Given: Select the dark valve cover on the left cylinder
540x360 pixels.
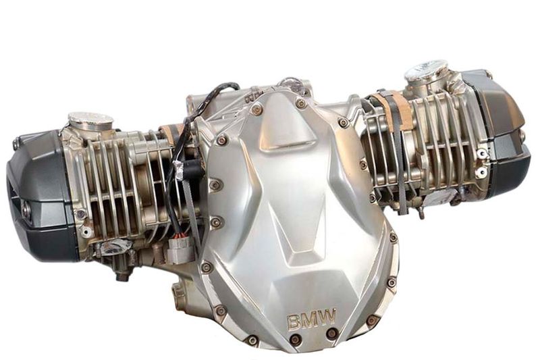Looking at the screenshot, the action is (x=41, y=197).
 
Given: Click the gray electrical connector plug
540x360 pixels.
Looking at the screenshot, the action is (x=178, y=249).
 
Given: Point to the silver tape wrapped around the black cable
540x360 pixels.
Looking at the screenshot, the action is (x=181, y=169).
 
